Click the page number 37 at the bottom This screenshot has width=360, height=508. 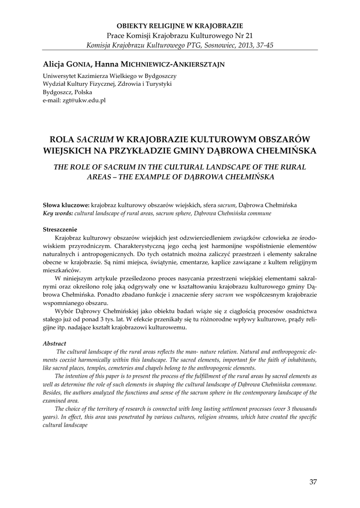tap(312, 481)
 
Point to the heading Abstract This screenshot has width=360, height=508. tap(55, 343)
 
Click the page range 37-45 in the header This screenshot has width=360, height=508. tap(262, 45)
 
